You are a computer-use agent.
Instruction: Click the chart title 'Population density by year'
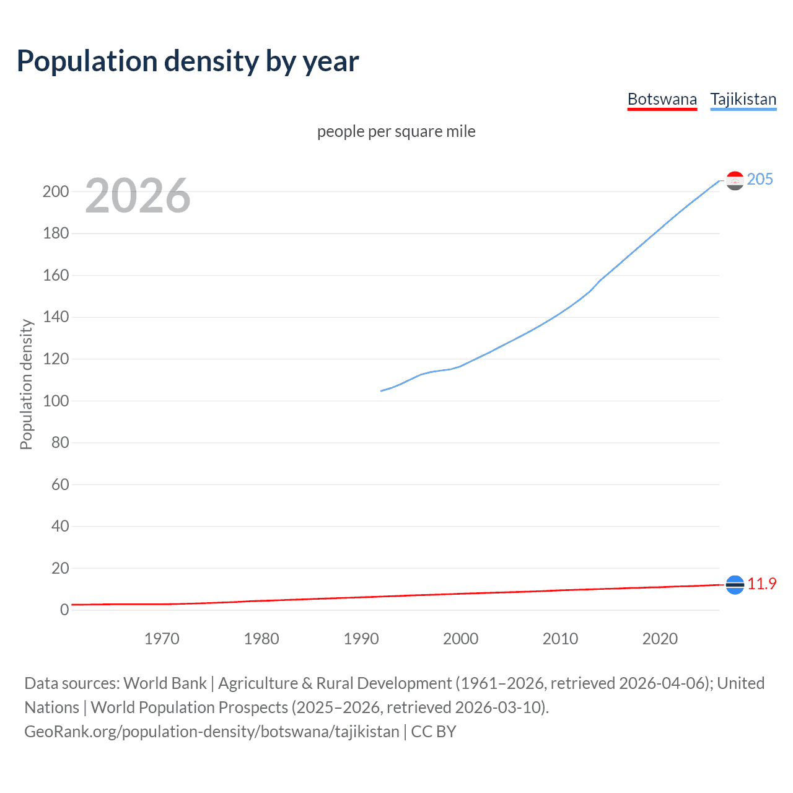point(188,61)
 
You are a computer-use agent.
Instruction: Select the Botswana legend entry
point(662,99)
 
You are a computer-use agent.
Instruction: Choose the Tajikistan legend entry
point(743,99)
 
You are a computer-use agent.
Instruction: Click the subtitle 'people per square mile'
point(396,131)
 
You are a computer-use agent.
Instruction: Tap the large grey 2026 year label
point(138,196)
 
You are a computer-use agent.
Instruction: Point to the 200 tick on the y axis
point(56,191)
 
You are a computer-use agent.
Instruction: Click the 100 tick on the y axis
point(56,401)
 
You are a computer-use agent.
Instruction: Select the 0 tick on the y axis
point(64,610)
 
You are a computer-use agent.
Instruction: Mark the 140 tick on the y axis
point(56,317)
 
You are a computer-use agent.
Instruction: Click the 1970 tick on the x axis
point(162,639)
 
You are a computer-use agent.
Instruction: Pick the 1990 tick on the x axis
point(361,639)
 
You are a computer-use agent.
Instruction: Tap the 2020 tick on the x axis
point(660,639)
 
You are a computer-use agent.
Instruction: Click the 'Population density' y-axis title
point(26,384)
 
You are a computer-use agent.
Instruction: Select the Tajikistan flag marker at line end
point(735,180)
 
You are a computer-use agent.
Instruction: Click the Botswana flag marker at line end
point(735,584)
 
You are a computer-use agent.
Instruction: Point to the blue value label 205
point(760,179)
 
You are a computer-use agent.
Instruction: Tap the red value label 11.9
point(761,584)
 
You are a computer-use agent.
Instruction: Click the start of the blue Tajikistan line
point(381,391)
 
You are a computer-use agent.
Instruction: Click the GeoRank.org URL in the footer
point(212,732)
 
